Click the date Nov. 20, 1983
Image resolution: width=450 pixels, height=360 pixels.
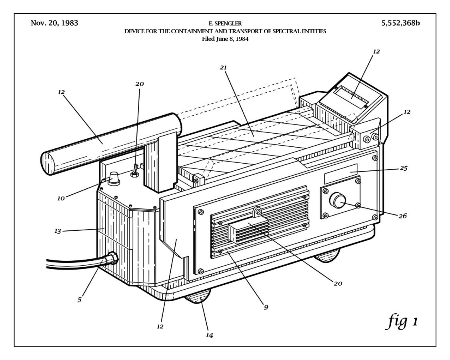(x=54, y=23)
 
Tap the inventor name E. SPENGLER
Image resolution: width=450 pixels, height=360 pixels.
(x=225, y=24)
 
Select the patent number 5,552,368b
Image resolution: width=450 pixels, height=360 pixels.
(x=401, y=23)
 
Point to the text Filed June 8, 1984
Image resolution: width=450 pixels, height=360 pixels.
(x=225, y=39)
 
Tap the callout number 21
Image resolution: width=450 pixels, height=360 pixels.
(x=223, y=68)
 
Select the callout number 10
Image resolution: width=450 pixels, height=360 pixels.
(x=61, y=198)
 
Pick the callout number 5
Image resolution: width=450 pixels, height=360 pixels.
(x=80, y=300)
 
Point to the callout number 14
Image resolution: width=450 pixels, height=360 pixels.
(x=210, y=335)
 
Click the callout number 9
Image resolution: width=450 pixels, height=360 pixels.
(x=266, y=307)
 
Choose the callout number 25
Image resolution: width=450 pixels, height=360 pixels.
(x=403, y=168)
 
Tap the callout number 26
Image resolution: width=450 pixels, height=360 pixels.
(x=403, y=216)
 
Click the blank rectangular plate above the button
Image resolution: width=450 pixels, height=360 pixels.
(x=341, y=170)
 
